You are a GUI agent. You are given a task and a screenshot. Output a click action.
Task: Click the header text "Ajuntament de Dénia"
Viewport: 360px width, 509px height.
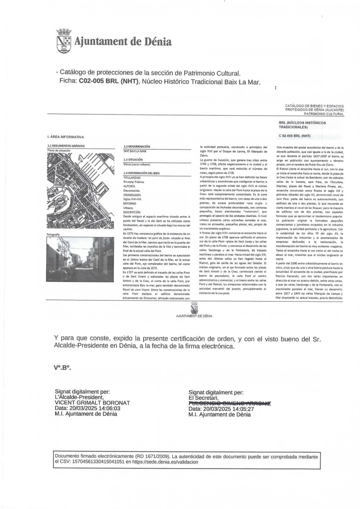pos(123,42)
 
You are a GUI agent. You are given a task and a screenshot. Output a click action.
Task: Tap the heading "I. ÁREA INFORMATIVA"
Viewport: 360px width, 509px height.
pos(66,137)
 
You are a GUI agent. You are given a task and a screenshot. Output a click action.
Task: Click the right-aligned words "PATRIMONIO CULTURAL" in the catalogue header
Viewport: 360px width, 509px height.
pos(324,114)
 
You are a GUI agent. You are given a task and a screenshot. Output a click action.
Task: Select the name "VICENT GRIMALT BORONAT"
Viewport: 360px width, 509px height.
pos(93,403)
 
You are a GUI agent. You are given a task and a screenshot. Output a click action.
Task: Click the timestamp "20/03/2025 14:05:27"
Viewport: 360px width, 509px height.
pos(228,409)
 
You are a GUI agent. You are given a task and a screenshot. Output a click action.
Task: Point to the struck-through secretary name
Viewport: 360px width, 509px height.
pos(230,403)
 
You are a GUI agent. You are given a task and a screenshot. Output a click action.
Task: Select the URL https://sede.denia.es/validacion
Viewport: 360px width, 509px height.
pos(165,462)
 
